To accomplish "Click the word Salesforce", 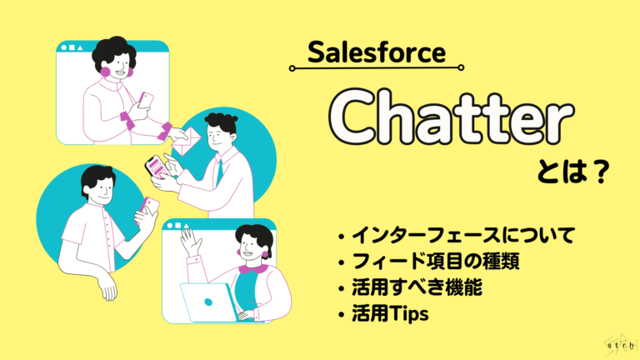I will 376,55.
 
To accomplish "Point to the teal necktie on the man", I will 218,170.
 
